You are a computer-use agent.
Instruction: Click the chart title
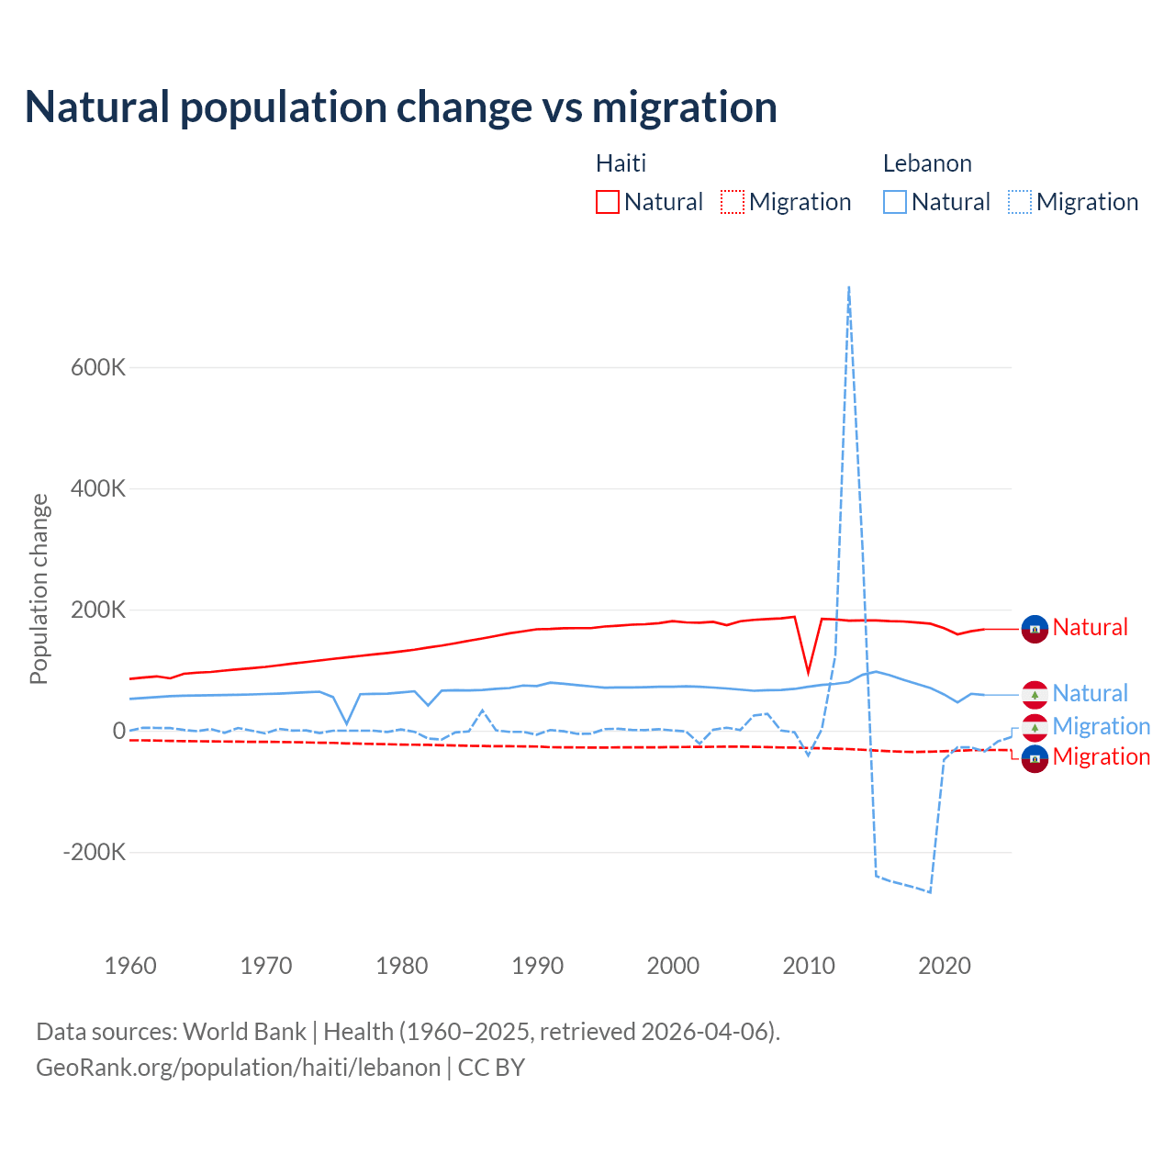click(401, 107)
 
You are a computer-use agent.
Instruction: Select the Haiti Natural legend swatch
click(607, 202)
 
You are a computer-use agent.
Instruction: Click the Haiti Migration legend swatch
click(732, 202)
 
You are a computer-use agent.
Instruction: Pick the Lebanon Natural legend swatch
click(894, 202)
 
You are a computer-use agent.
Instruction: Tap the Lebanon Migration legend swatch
click(1019, 202)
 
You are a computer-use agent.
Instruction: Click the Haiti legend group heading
click(621, 163)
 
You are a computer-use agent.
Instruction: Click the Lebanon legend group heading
click(927, 163)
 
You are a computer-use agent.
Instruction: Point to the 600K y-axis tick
click(98, 367)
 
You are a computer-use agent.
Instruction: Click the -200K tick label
click(94, 852)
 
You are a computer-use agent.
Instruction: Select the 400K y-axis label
click(98, 488)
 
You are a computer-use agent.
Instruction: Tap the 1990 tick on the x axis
click(538, 966)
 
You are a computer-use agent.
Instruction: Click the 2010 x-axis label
click(809, 966)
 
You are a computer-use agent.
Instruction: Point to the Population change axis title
click(39, 589)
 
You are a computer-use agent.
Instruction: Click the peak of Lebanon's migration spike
click(849, 287)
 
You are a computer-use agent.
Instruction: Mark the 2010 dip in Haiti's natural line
click(808, 672)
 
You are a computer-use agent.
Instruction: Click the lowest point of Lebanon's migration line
click(930, 891)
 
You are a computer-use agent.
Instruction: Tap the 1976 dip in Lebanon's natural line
click(347, 723)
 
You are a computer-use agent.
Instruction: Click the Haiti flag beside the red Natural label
click(1035, 629)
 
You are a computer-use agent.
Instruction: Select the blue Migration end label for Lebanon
click(1101, 726)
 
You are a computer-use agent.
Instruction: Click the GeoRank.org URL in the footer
click(239, 1068)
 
